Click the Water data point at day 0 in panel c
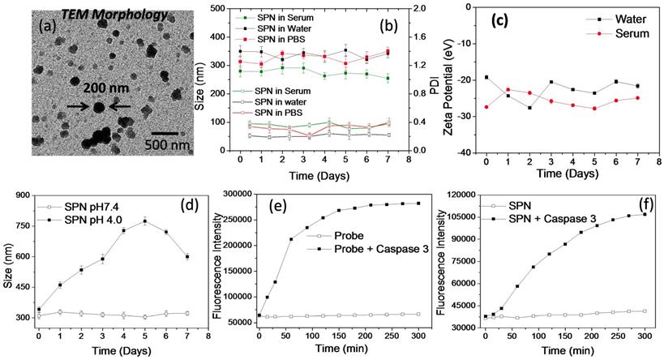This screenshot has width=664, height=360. pyautogui.click(x=486, y=77)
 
